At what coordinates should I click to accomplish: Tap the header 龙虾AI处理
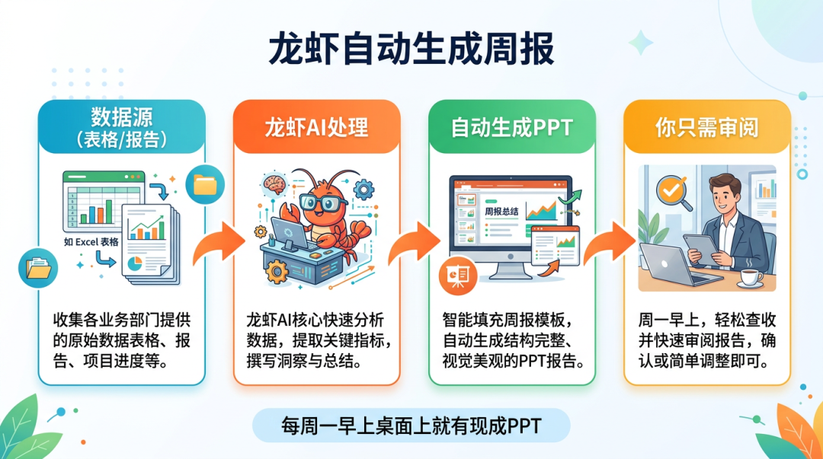(316, 127)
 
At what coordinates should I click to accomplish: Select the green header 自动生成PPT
(511, 127)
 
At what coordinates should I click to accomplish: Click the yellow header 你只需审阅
(706, 127)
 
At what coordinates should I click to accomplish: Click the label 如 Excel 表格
(91, 242)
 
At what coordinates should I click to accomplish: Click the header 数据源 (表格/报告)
(122, 127)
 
